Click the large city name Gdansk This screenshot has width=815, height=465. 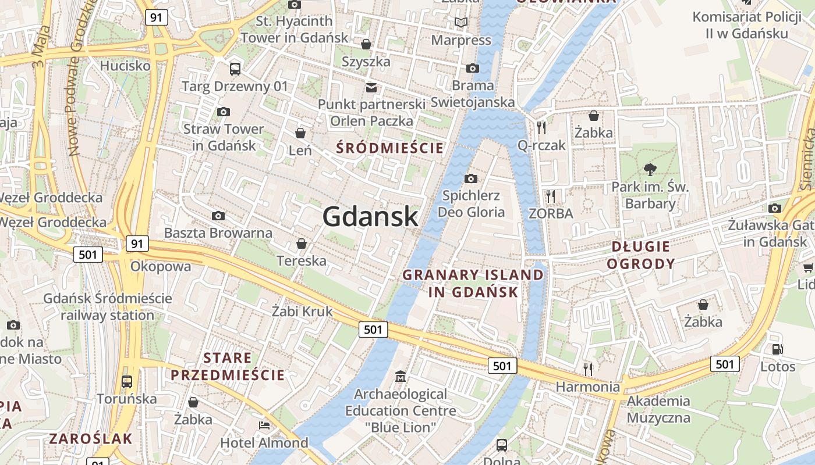[x=370, y=216]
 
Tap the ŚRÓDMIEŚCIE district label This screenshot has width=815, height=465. [x=390, y=148]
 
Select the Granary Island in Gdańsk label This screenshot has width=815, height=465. [x=473, y=283]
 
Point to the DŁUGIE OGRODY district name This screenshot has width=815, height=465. [x=641, y=255]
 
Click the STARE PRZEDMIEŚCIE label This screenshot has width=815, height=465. [x=228, y=366]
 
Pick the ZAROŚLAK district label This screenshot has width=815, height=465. [x=91, y=438]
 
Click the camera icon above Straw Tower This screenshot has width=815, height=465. [x=223, y=112]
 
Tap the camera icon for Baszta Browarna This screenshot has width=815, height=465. [x=218, y=216]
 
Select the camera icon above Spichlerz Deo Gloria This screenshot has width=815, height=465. [x=471, y=178]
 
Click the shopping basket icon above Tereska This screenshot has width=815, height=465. [x=302, y=243]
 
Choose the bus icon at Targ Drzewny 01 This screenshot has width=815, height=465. [x=235, y=69]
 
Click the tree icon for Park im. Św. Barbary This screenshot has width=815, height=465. [x=650, y=170]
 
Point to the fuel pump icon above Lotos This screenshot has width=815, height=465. [x=777, y=349]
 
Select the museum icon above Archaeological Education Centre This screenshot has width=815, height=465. [x=400, y=377]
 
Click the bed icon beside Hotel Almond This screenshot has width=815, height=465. [x=264, y=425]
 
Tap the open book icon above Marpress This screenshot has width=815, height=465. [x=461, y=23]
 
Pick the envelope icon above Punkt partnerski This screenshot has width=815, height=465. [x=371, y=88]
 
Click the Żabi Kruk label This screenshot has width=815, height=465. [x=302, y=311]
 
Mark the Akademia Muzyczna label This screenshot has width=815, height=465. [x=658, y=409]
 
